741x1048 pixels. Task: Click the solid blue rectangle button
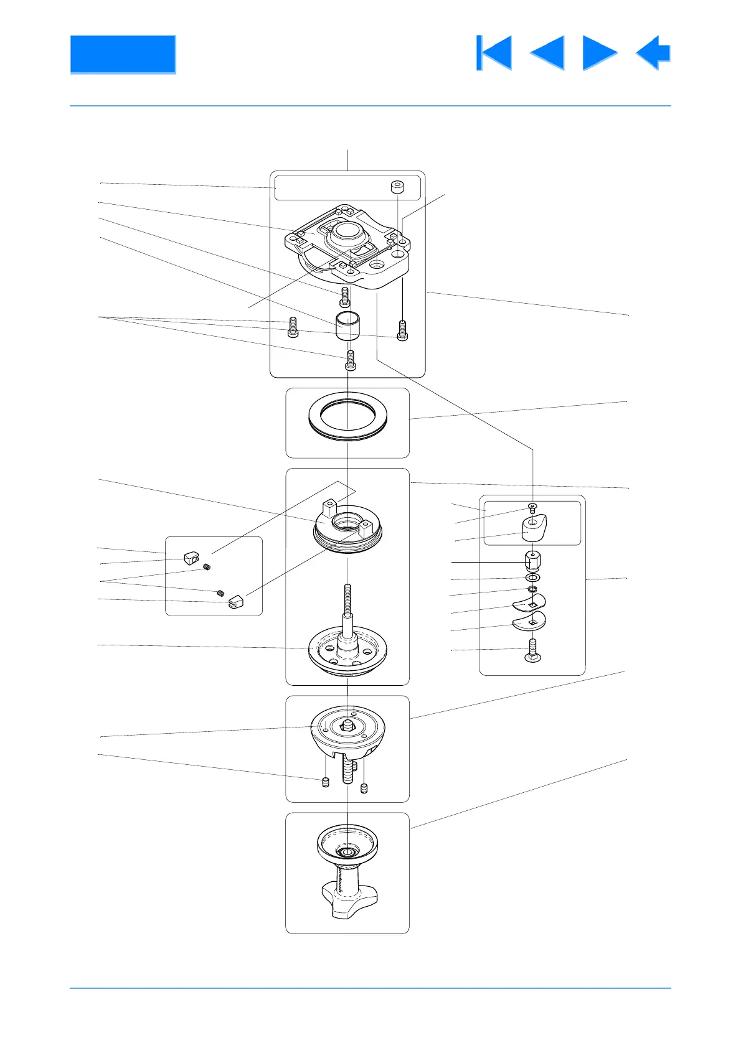click(123, 55)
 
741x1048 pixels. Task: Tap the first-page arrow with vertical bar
click(494, 53)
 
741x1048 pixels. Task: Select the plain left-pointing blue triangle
click(549, 53)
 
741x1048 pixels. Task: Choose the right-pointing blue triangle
click(598, 53)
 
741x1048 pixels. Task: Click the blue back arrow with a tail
click(654, 53)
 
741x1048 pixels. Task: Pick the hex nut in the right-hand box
click(532, 561)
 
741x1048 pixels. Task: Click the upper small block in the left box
click(191, 557)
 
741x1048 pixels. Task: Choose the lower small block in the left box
click(235, 602)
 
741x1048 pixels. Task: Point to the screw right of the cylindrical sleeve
click(402, 330)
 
